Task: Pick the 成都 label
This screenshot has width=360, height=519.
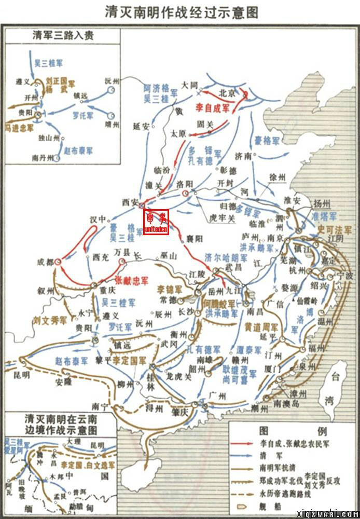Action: click(x=45, y=263)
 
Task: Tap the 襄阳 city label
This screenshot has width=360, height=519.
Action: click(x=193, y=238)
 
